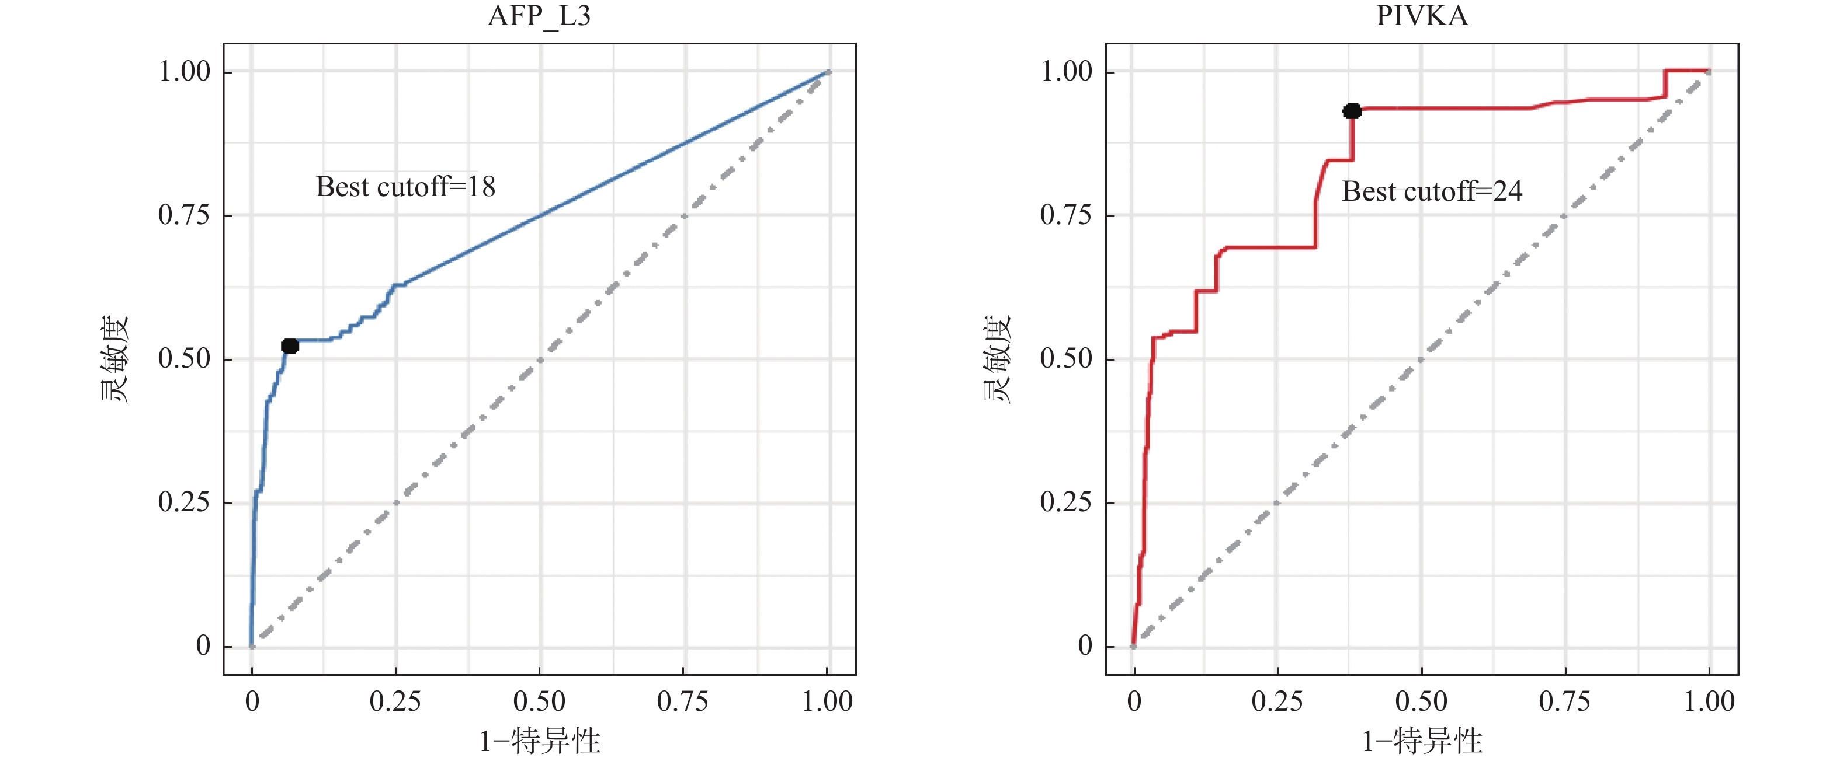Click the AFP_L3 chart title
pyautogui.click(x=539, y=16)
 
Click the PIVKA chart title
pyautogui.click(x=1421, y=16)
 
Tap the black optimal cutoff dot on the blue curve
pyautogui.click(x=289, y=346)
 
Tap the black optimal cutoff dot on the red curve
pyautogui.click(x=1352, y=111)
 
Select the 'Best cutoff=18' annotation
pyautogui.click(x=405, y=187)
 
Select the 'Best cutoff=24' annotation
pyautogui.click(x=1432, y=191)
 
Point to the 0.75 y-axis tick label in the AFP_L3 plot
pyautogui.click(x=184, y=215)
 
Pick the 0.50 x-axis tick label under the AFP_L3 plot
pyautogui.click(x=539, y=701)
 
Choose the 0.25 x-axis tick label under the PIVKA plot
pyautogui.click(x=1277, y=701)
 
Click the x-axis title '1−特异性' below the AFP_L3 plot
pyautogui.click(x=539, y=742)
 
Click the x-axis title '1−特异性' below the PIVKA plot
pyautogui.click(x=1421, y=742)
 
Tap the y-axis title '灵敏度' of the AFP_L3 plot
pyautogui.click(x=114, y=359)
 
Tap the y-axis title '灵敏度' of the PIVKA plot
pyautogui.click(x=997, y=359)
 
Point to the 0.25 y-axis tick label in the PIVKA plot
pyautogui.click(x=1067, y=502)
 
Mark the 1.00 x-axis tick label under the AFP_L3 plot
pyautogui.click(x=827, y=701)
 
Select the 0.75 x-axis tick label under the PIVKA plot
pyautogui.click(x=1565, y=701)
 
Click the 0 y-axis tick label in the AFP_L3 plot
pyautogui.click(x=204, y=646)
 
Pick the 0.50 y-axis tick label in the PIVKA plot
pyautogui.click(x=1067, y=358)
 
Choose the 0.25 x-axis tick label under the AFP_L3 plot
pyautogui.click(x=395, y=701)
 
